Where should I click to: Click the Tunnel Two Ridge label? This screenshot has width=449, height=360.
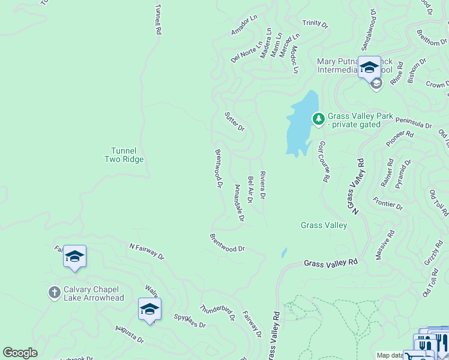pos(124,155)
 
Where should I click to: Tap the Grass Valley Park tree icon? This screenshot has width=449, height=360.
pos(318,119)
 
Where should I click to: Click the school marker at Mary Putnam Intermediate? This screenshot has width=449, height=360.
pos(369,67)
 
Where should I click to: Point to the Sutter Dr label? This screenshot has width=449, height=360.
pos(235,121)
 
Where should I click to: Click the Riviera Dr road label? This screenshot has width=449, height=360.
pos(262,185)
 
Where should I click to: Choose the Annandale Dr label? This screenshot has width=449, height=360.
pos(237,203)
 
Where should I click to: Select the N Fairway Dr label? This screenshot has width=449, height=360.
pos(146,251)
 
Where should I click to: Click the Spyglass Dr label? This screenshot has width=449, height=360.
pos(190,321)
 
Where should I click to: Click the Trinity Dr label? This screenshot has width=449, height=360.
pos(315,24)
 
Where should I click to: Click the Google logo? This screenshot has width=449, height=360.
pos(20,353)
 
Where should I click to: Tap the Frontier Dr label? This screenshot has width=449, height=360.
pos(387,203)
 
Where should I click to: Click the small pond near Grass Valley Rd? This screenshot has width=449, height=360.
pos(284,253)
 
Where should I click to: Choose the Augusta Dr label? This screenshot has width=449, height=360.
pos(129,334)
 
